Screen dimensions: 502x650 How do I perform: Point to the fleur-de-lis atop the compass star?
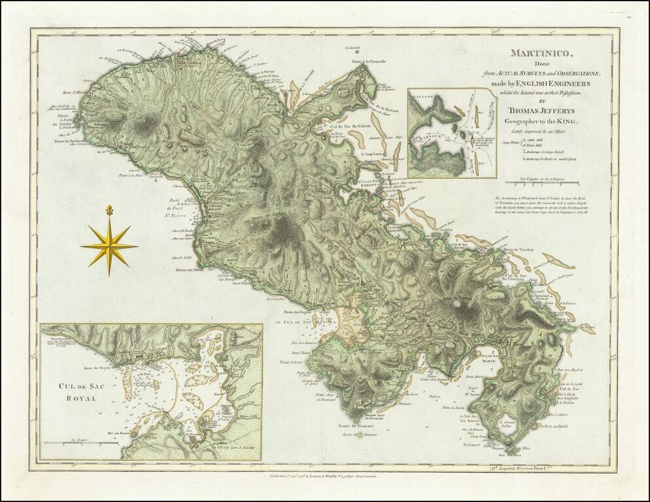pos(109,210)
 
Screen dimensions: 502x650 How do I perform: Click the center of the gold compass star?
pos(109,246)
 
